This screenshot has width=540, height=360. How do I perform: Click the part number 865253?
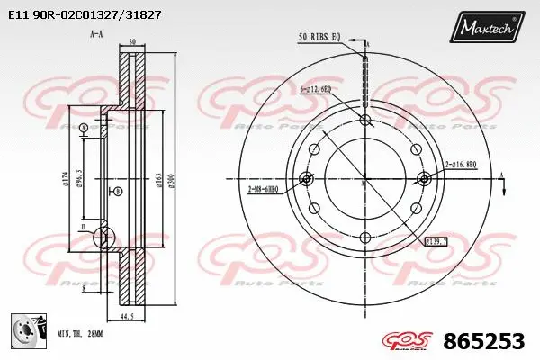point(483,341)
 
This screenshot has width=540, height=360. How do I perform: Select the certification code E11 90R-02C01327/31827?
point(85,15)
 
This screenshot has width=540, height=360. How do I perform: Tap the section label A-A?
point(95,33)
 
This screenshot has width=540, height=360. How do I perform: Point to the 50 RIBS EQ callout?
point(319,36)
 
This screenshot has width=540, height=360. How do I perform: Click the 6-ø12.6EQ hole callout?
point(314,89)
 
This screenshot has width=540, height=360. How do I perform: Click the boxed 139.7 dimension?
point(436,242)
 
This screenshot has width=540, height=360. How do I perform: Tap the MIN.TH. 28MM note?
point(81,333)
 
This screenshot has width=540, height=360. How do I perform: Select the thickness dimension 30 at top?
point(131,41)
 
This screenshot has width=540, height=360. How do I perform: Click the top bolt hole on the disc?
point(364,120)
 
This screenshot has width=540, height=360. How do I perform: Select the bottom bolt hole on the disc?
point(364,238)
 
